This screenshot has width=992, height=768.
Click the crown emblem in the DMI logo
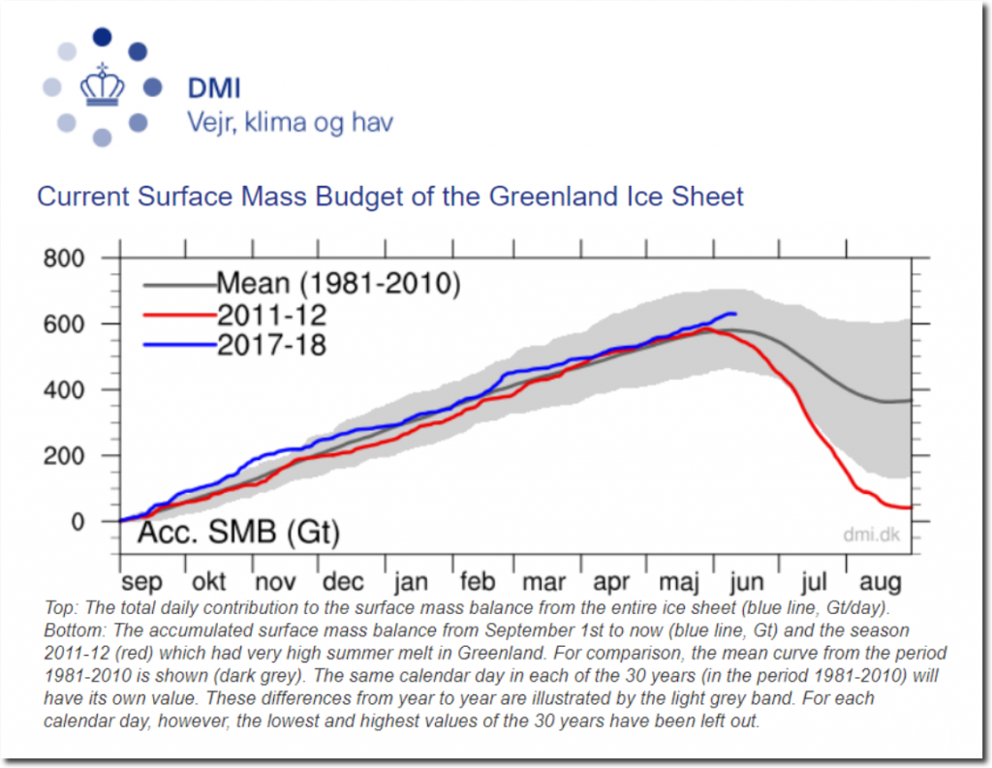pos(102,85)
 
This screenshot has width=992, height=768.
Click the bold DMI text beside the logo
pos(214,88)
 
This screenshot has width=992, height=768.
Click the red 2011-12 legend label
pos(271,315)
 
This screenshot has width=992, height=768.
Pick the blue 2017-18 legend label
pos(271,345)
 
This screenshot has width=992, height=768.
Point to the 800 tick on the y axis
pos(63,259)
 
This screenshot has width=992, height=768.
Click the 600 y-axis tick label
pos(63,323)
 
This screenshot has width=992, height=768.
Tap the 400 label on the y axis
pos(63,389)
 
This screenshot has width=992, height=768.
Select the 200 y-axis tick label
pos(63,455)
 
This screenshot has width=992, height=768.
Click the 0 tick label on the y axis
pos(77,522)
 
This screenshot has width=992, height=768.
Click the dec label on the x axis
pos(343,581)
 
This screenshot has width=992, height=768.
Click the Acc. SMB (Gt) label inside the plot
pos(239,532)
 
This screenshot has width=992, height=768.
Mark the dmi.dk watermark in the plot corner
pos(871,535)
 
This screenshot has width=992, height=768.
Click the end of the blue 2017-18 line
pos(736,314)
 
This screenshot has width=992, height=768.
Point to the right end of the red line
pos(911,507)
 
